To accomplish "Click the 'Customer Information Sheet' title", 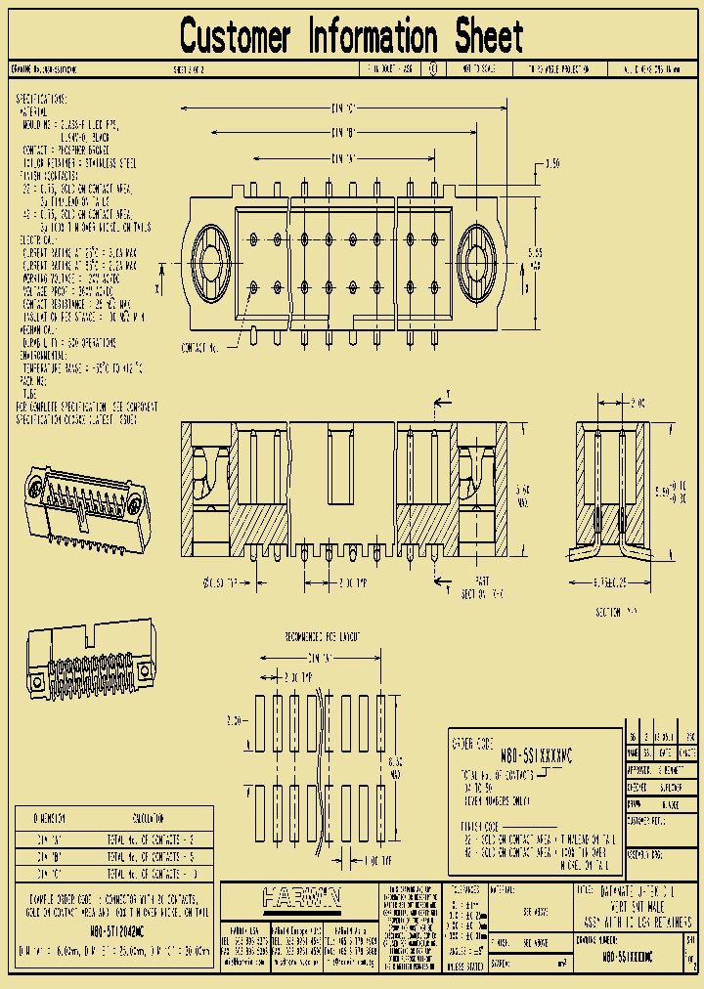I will pos(352,37).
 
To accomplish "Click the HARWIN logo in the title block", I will pos(300,896).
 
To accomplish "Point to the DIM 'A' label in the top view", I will pos(342,157).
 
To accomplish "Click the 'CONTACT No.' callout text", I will pos(202,347).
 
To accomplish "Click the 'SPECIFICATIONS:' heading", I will pos(42,100).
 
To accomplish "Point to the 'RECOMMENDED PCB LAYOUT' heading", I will pos(322,636).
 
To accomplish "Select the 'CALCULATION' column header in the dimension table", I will pos(149,818).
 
